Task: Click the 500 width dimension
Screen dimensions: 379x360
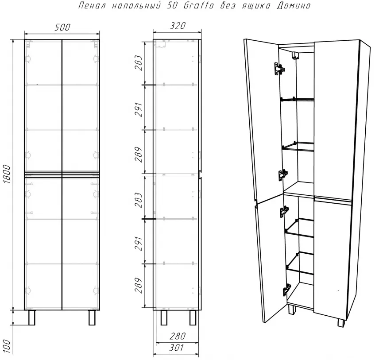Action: pyautogui.click(x=62, y=27)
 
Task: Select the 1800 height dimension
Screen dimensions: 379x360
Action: pyautogui.click(x=7, y=174)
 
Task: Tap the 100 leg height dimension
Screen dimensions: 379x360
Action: pyautogui.click(x=7, y=346)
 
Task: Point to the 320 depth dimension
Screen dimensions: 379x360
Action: pyautogui.click(x=178, y=26)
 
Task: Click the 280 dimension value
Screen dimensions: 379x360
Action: pyautogui.click(x=178, y=336)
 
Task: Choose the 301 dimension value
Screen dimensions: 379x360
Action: pyautogui.click(x=177, y=348)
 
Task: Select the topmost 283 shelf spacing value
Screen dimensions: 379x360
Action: pyautogui.click(x=139, y=63)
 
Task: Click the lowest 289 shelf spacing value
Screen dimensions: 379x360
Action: pyautogui.click(x=139, y=285)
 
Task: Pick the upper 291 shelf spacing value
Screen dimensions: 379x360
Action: pyautogui.click(x=139, y=109)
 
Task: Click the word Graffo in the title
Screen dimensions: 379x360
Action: pyautogui.click(x=199, y=5)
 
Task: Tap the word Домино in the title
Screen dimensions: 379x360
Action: pyautogui.click(x=294, y=5)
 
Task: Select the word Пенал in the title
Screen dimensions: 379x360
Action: pyautogui.click(x=92, y=5)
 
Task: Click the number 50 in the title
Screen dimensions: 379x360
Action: pyautogui.click(x=172, y=5)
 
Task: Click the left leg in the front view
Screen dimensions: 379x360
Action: pyautogui.click(x=32, y=317)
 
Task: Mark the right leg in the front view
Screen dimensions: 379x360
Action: pyautogui.click(x=92, y=317)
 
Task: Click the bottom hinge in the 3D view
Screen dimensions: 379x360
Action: pyautogui.click(x=286, y=290)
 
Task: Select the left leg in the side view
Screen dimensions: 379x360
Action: pyautogui.click(x=164, y=317)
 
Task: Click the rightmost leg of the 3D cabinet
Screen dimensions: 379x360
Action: pyautogui.click(x=341, y=323)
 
